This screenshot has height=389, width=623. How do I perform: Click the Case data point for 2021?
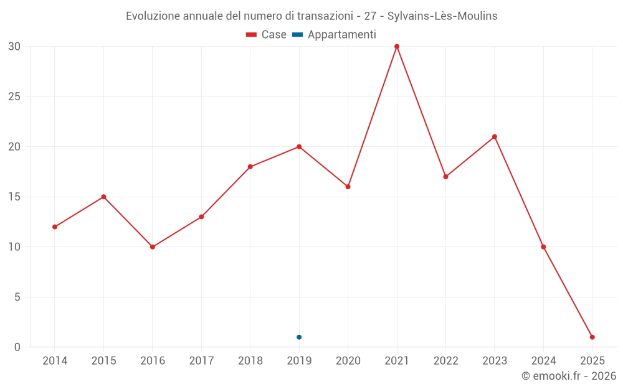(397, 47)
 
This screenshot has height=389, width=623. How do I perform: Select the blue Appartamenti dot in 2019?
(299, 337)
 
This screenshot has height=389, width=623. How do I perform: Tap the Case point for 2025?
(592, 337)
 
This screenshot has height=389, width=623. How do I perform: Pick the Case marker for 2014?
(55, 227)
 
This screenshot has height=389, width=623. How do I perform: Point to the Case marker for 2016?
(153, 247)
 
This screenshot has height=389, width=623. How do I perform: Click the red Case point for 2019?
(299, 147)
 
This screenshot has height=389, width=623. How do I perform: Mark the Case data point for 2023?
(495, 137)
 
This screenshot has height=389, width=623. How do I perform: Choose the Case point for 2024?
(543, 247)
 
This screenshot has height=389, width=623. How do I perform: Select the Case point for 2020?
(348, 187)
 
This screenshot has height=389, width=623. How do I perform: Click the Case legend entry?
(267, 35)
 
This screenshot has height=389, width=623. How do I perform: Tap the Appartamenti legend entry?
(335, 35)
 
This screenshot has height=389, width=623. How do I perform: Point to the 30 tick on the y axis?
(14, 47)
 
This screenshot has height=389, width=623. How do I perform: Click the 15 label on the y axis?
(14, 197)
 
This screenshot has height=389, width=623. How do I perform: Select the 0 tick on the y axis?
(17, 347)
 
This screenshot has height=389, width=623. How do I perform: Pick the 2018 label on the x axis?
(250, 361)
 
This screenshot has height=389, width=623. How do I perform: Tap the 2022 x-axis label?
(445, 361)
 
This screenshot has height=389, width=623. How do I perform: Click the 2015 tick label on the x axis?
(103, 361)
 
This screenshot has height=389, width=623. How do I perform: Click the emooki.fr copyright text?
(569, 377)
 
